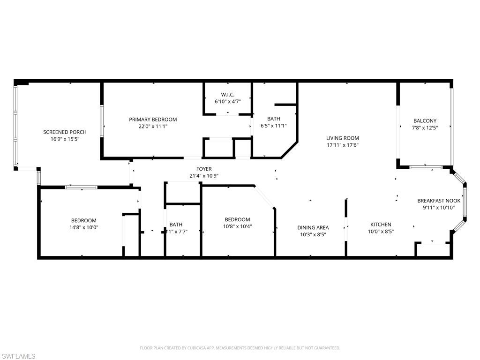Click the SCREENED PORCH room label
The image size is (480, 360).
click(65, 132)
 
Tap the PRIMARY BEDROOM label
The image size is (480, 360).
click(153, 120)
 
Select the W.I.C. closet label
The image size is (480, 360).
click(227, 95)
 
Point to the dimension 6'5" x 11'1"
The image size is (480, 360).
click(274, 126)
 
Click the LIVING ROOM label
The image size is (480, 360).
click(343, 138)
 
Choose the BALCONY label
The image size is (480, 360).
click(425, 121)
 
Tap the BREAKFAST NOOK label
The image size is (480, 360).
click(439, 201)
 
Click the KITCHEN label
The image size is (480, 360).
click(381, 225)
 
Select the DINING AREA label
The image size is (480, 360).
click(313, 228)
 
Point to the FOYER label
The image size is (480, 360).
click(204, 169)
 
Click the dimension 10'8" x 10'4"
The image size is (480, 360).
click(237, 227)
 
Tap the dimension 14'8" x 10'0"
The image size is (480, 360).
click(84, 227)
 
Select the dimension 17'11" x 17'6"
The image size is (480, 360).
click(343, 145)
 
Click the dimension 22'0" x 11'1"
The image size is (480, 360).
click(153, 126)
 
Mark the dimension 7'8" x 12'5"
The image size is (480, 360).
click(425, 127)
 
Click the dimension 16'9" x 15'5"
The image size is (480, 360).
click(65, 139)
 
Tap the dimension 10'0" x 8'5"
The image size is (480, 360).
click(381, 231)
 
